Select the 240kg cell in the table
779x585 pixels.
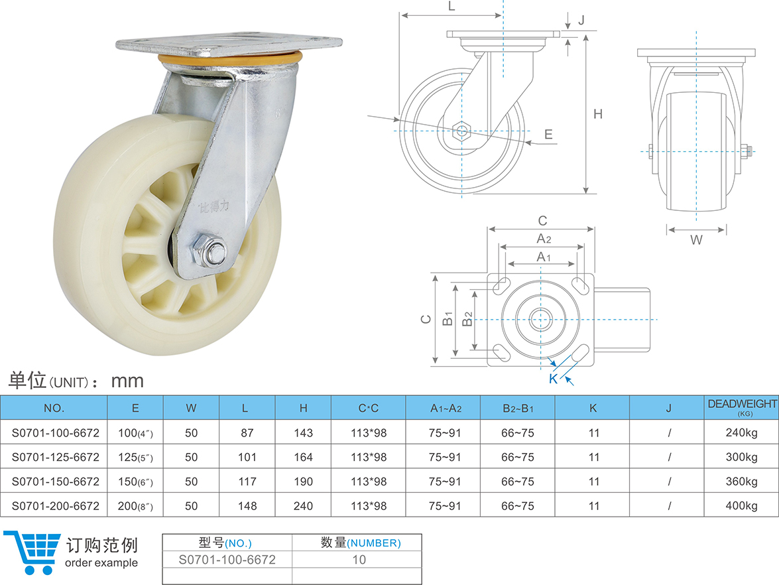coord(741,433)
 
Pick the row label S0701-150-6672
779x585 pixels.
coord(56,482)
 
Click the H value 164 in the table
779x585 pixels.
coord(302,457)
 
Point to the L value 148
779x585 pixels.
coord(247,506)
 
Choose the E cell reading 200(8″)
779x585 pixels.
coord(135,506)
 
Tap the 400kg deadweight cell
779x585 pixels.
coord(741,506)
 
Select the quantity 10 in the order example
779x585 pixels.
coord(359,559)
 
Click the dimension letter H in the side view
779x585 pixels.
coord(598,114)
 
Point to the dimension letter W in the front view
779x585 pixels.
coord(696,240)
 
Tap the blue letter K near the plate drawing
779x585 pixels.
coord(553,379)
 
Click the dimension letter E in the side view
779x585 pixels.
coord(548,134)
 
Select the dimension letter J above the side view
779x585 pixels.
coord(581,20)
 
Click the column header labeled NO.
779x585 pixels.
coord(54,408)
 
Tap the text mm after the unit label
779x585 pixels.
coord(127,381)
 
